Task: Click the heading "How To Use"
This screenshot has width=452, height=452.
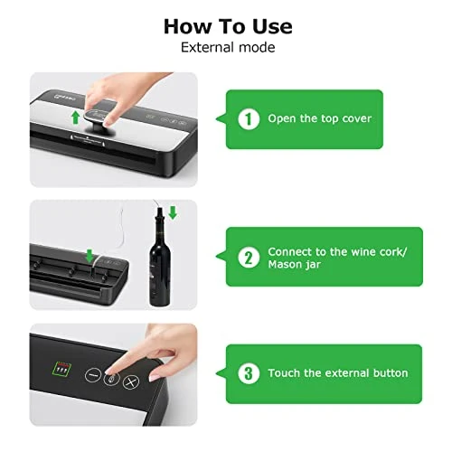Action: [x=228, y=26]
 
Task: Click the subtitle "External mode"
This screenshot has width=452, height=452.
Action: [x=228, y=48]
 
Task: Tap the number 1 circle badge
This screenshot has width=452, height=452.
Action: [x=249, y=119]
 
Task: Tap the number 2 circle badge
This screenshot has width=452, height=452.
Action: [x=249, y=258]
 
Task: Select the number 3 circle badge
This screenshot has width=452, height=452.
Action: [x=249, y=373]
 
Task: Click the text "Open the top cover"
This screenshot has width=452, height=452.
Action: [x=319, y=118]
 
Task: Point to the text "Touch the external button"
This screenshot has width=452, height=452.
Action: [x=338, y=373]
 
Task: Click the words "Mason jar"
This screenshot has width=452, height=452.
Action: [x=294, y=265]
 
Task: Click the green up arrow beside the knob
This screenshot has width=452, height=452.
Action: [x=76, y=118]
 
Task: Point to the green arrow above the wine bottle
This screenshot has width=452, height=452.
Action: [x=173, y=212]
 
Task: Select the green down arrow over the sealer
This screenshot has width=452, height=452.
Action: [x=89, y=256]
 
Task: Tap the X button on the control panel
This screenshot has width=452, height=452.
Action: [x=130, y=382]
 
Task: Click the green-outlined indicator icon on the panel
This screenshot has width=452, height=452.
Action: [x=61, y=369]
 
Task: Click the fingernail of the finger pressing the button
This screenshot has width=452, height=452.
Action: [x=110, y=372]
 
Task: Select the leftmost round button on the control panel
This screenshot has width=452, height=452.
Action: [x=93, y=375]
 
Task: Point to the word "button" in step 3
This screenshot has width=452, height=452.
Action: [x=391, y=373]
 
